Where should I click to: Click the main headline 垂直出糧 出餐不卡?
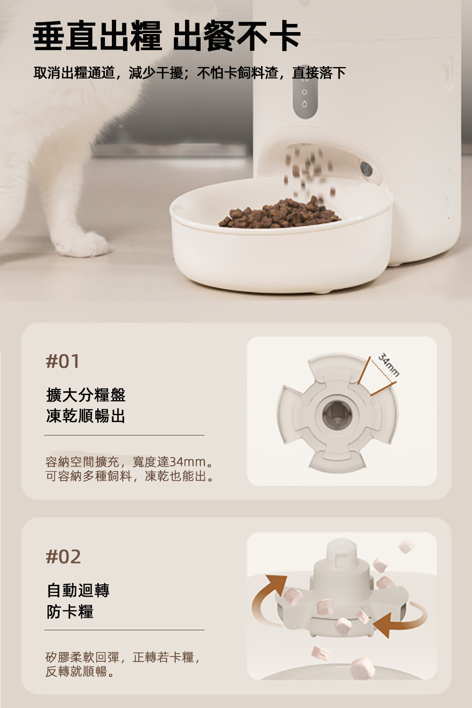click(167, 35)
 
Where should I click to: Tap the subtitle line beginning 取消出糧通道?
click(190, 73)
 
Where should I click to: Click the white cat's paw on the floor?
click(83, 244)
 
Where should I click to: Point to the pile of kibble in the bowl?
click(280, 214)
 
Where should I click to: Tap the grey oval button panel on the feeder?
click(305, 97)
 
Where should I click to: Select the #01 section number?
click(63, 361)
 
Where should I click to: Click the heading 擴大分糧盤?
click(86, 395)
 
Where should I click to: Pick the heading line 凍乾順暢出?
click(86, 416)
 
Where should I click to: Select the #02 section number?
click(63, 556)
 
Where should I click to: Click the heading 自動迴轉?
click(78, 590)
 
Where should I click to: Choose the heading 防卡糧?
click(70, 612)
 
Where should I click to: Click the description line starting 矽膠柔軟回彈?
click(123, 657)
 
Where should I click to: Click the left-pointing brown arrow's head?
click(383, 625)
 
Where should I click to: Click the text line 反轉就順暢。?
click(80, 671)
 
